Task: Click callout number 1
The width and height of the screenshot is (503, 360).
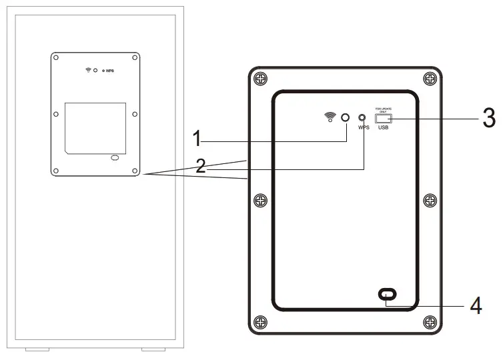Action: tap(197, 140)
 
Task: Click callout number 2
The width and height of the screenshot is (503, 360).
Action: tap(201, 166)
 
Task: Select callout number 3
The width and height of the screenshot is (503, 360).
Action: tap(489, 119)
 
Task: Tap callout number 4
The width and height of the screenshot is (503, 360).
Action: tap(476, 305)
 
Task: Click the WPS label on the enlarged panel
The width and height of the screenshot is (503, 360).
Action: tap(363, 127)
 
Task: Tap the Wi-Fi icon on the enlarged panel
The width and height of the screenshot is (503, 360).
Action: tap(330, 118)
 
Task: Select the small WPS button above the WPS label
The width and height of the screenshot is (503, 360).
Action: tap(362, 117)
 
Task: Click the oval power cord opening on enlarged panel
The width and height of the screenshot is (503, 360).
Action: tap(387, 294)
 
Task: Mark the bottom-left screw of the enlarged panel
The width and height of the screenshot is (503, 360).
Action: tap(260, 323)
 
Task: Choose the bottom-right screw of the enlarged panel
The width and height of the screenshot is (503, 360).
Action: tap(430, 323)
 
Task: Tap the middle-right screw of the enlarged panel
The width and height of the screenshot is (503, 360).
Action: tap(430, 200)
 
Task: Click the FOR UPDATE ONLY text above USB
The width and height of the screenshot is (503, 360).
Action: tap(383, 109)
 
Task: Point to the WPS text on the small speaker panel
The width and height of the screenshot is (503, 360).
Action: tap(109, 71)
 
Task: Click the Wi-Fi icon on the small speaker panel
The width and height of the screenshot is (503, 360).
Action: tap(87, 70)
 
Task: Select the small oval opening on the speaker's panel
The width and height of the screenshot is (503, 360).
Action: tap(114, 158)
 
